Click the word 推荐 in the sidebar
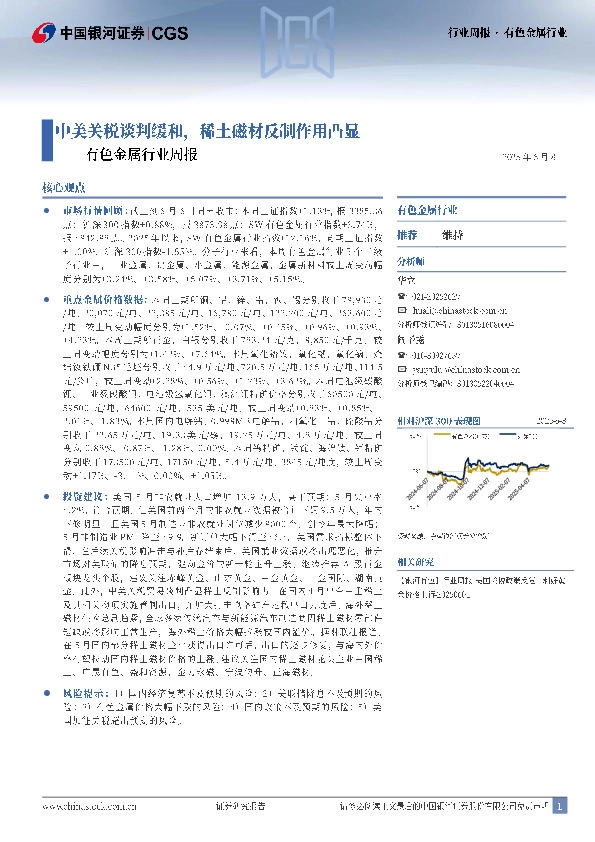pos(407,235)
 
